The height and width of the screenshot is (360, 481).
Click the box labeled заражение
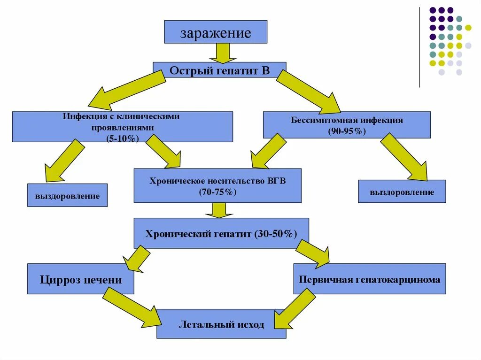click(x=216, y=32)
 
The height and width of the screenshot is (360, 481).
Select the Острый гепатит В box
click(x=219, y=71)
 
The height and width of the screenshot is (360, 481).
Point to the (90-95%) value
click(x=347, y=130)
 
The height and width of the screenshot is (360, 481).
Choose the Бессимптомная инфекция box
click(x=347, y=124)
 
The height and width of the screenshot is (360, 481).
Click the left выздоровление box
click(x=68, y=195)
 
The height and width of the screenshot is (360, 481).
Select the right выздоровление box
click(x=402, y=191)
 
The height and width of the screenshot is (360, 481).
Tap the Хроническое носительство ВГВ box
click(x=217, y=185)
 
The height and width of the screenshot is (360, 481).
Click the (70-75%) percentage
click(x=217, y=192)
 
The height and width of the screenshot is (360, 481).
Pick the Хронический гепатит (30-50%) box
click(x=221, y=233)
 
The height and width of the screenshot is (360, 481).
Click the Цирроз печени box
click(x=80, y=280)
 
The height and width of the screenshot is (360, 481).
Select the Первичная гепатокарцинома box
click(x=370, y=279)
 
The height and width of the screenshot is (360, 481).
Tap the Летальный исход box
click(x=221, y=324)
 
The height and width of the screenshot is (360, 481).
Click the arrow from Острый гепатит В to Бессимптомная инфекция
click(x=308, y=92)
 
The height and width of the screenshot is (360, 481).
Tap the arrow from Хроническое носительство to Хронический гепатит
click(x=219, y=210)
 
